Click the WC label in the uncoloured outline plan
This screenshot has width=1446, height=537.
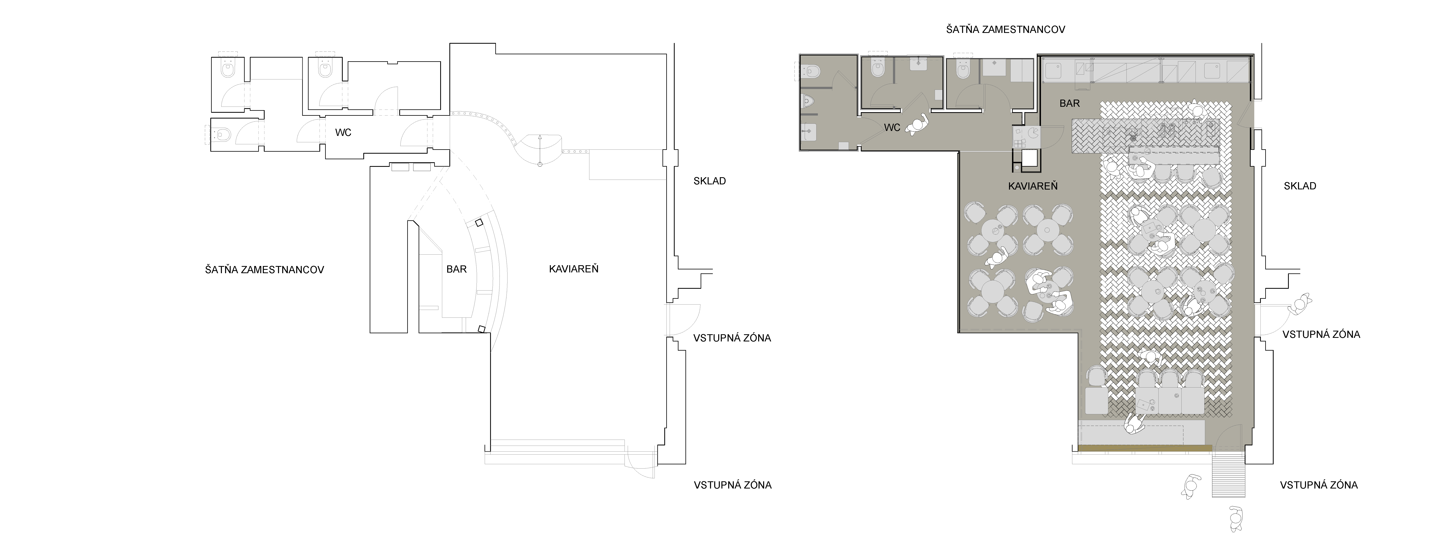[343, 133]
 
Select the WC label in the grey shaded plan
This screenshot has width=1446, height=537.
[892, 127]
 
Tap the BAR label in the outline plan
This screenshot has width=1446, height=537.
[456, 269]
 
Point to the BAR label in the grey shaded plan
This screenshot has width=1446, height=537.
[1069, 103]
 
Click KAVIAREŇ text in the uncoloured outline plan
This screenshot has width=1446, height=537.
[574, 269]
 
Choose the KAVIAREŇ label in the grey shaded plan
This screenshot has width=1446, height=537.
[1033, 186]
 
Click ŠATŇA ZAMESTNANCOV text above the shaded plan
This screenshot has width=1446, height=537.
[1005, 29]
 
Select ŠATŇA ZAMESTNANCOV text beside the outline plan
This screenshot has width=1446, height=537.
[264, 269]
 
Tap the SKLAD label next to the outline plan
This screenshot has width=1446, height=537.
[710, 181]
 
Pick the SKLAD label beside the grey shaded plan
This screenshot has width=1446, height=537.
[1300, 186]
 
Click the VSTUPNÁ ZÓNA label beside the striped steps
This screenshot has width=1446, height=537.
[1319, 485]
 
